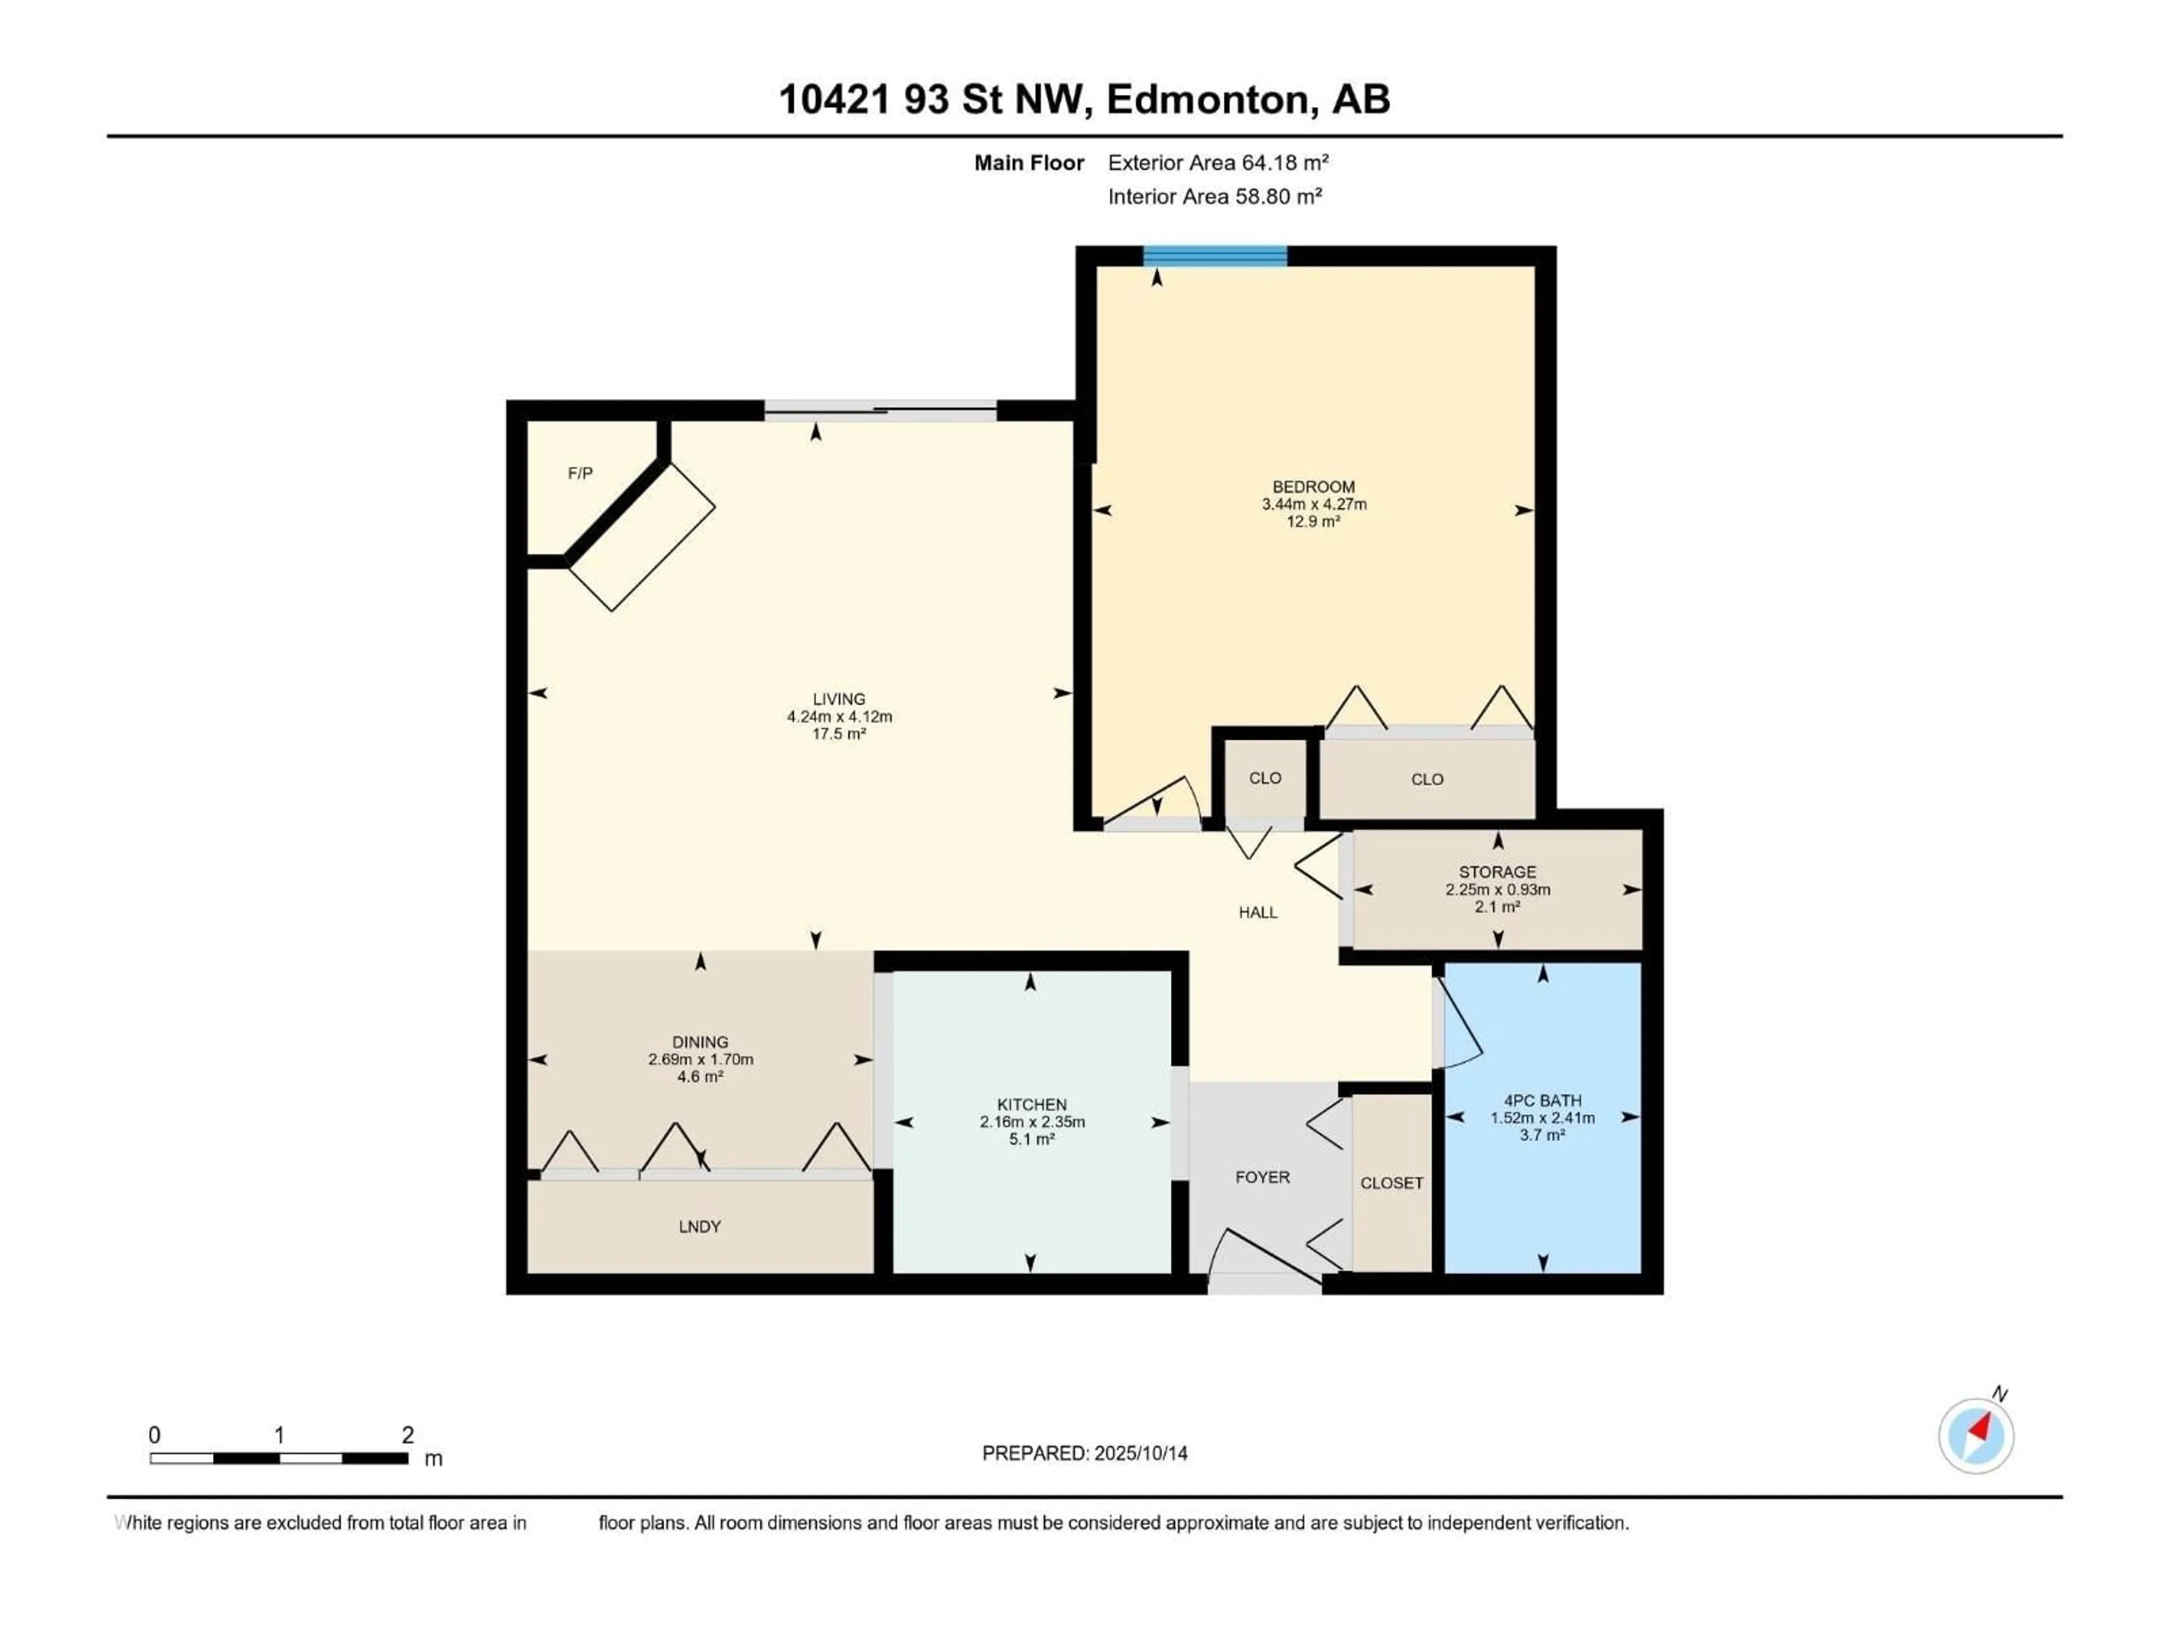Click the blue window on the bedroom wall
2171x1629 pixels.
tap(1215, 256)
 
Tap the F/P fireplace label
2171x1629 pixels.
tap(580, 473)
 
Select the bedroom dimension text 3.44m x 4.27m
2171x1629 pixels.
tap(1314, 505)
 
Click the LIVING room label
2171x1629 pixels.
tap(839, 699)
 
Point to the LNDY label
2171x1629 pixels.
tap(700, 1226)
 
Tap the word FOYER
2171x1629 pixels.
tap(1262, 1177)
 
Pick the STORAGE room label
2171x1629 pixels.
tap(1497, 872)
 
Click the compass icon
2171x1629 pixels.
tap(1976, 1436)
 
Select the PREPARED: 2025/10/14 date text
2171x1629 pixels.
tap(1084, 1453)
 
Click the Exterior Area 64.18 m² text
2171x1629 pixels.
tap(1218, 163)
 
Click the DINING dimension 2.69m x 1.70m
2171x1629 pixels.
tap(700, 1059)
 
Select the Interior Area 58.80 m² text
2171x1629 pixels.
tap(1215, 196)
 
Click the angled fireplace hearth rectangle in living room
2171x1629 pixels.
tap(642, 537)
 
